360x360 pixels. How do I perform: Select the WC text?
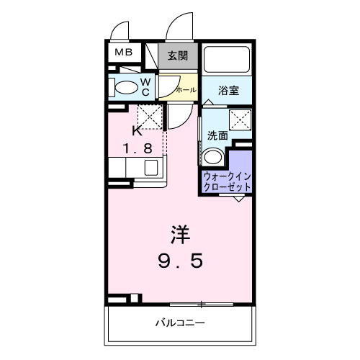(145, 87)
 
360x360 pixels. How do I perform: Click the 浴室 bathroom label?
(230, 91)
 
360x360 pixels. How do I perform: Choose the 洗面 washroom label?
(217, 135)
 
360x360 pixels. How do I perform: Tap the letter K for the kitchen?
(136, 132)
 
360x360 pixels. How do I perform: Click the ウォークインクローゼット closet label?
(227, 181)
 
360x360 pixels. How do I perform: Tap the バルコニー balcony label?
(180, 322)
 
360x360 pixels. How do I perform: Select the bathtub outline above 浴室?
(228, 60)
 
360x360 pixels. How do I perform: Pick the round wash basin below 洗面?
(212, 158)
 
